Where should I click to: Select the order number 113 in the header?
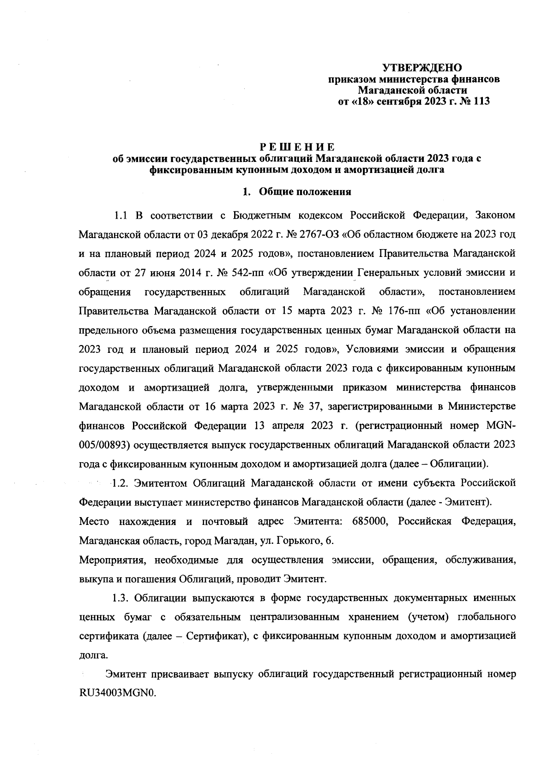click(480, 101)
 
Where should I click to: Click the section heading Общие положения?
click(305, 191)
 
